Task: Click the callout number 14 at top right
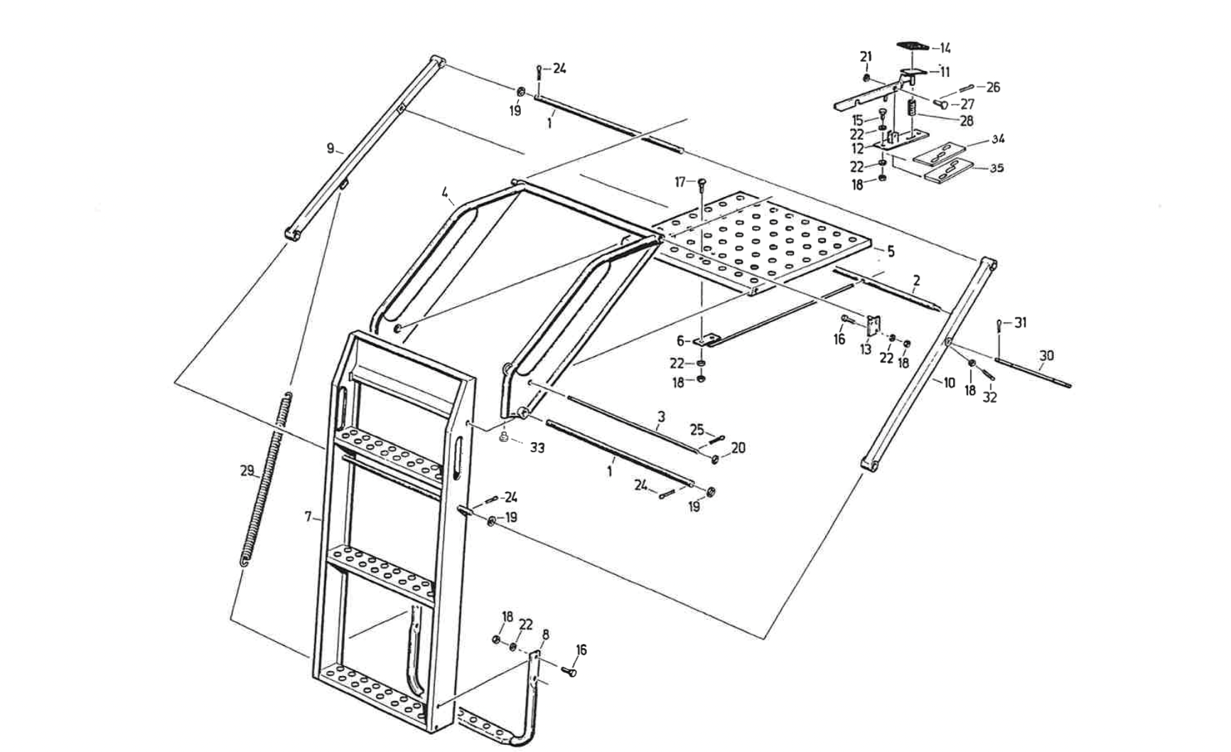coord(945,48)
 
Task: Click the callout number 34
coord(998,139)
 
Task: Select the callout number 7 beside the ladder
coord(308,517)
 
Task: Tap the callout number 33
coord(537,448)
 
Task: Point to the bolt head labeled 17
coord(701,182)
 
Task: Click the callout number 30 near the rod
coord(1046,355)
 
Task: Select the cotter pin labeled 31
coord(999,326)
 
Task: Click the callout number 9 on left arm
coord(330,149)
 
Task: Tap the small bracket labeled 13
coord(873,326)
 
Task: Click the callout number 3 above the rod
coord(661,416)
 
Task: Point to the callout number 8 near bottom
coord(545,633)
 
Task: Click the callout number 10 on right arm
coord(950,382)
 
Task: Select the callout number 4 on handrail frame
coord(445,192)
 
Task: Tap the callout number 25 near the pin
coord(697,429)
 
